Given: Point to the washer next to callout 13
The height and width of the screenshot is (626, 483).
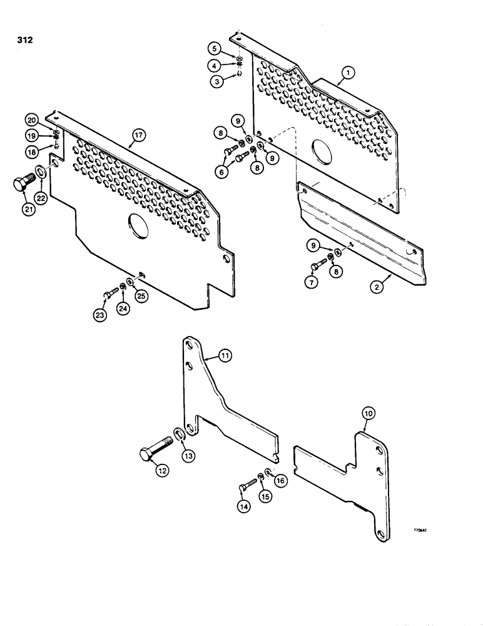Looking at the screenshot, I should (x=178, y=434).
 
